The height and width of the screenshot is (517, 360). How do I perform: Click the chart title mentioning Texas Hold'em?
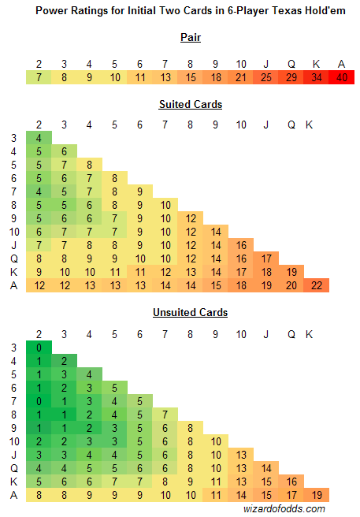(x=191, y=10)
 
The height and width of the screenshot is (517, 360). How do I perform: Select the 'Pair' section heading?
(x=191, y=37)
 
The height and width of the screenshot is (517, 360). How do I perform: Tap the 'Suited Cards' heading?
(x=191, y=104)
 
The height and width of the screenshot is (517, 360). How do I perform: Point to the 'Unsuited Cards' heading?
(x=190, y=312)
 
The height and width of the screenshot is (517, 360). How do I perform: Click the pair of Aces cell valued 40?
(x=342, y=77)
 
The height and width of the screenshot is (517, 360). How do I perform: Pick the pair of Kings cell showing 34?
(x=317, y=77)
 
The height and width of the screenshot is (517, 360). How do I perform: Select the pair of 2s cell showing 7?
(x=39, y=77)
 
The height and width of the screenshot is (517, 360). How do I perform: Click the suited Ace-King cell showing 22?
(x=317, y=285)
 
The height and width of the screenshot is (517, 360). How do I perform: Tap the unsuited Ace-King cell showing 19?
(x=317, y=495)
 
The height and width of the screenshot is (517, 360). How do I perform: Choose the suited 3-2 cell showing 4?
(x=39, y=138)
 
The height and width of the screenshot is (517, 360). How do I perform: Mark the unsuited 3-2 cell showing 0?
(x=39, y=348)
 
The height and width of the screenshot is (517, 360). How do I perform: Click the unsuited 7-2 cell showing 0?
(x=39, y=401)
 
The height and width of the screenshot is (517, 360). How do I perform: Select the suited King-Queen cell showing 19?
(x=291, y=272)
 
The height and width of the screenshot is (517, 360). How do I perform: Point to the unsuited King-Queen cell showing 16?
(x=291, y=482)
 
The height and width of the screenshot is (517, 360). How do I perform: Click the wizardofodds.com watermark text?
(x=284, y=509)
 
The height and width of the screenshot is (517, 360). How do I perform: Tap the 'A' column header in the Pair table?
(x=342, y=64)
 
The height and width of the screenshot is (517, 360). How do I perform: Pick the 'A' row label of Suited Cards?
(x=14, y=285)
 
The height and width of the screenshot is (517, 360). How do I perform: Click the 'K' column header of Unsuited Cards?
(x=309, y=334)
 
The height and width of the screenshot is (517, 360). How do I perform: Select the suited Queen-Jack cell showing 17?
(x=266, y=258)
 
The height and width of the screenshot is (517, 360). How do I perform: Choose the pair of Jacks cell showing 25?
(x=266, y=77)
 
